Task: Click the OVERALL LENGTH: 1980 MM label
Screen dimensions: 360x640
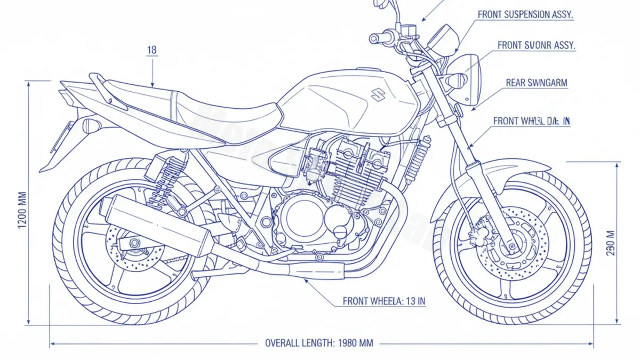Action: pos(319,343)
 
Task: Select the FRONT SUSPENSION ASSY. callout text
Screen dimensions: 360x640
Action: pos(525,15)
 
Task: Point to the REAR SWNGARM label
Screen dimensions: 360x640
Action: pos(537,83)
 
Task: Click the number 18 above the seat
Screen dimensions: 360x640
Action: pos(151,51)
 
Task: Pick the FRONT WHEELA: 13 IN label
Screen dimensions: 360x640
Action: pos(384,301)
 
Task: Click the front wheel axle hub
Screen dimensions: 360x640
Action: pos(511,246)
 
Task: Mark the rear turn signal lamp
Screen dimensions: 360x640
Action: pos(91,126)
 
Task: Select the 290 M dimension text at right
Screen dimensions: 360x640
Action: pos(611,243)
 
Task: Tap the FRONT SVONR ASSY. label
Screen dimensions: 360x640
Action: pos(536,45)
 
